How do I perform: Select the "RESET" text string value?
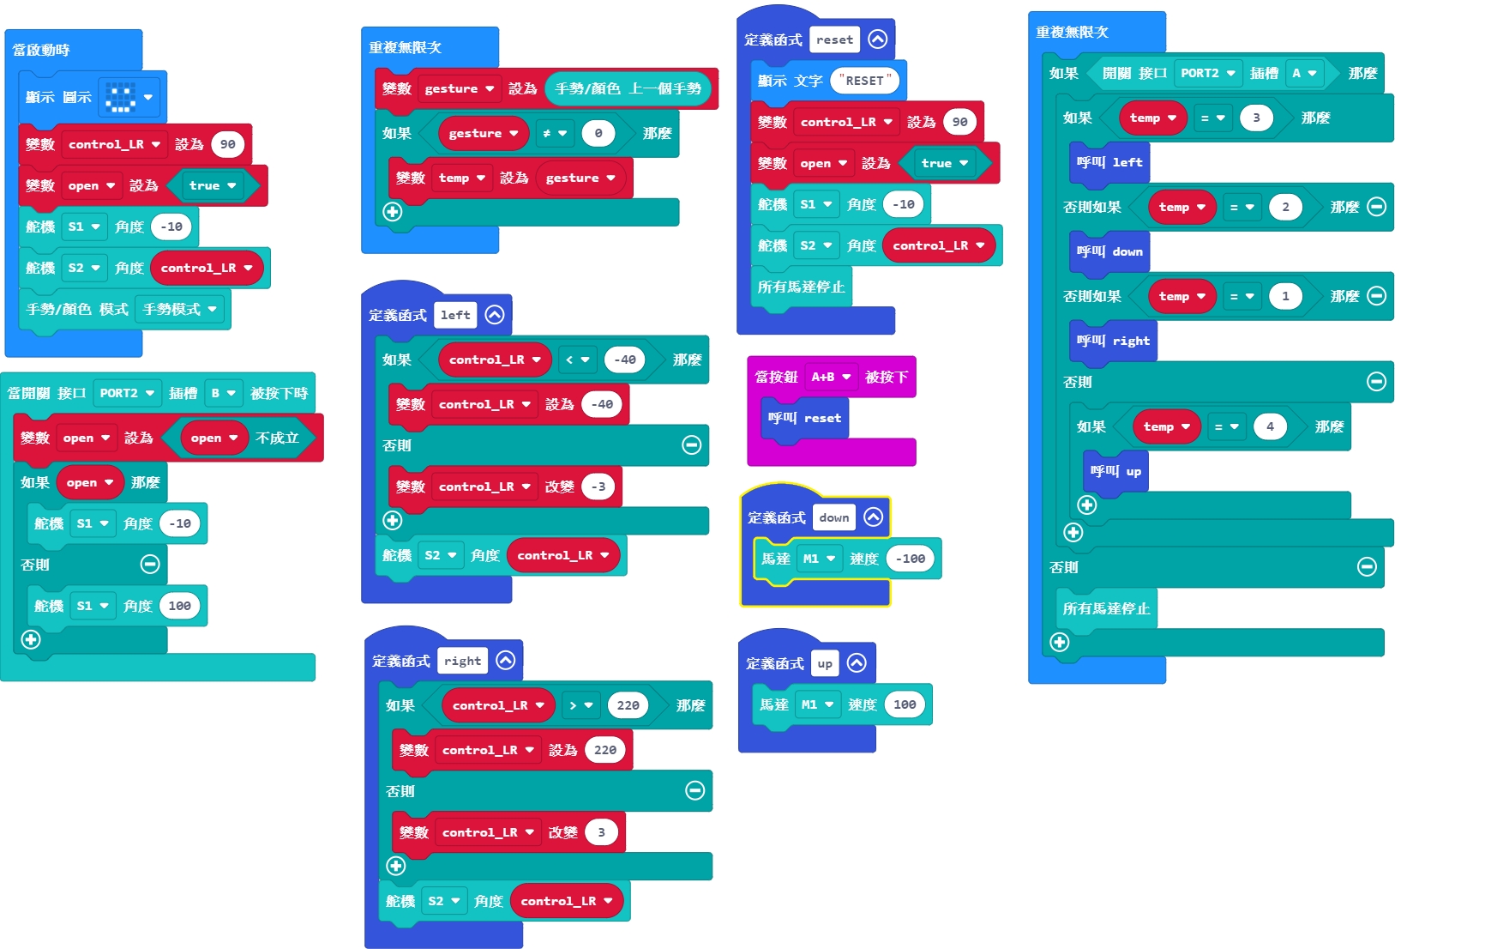865,81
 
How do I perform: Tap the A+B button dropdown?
831,377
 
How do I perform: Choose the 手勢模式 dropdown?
179,309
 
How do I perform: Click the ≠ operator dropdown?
555,133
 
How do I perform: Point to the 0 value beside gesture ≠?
598,133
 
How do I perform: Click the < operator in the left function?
577,360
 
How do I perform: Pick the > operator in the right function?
580,705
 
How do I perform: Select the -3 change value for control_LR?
598,487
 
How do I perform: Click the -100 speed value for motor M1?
910,559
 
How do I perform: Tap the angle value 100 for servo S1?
179,606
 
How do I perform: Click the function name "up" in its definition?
825,663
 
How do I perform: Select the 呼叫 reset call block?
804,418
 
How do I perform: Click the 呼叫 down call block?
1109,251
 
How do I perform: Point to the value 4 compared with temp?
1270,426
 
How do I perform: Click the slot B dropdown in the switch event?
223,393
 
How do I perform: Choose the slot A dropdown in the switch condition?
1304,73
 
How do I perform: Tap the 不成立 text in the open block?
277,438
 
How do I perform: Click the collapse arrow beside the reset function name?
877,39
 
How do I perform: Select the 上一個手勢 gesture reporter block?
628,88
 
